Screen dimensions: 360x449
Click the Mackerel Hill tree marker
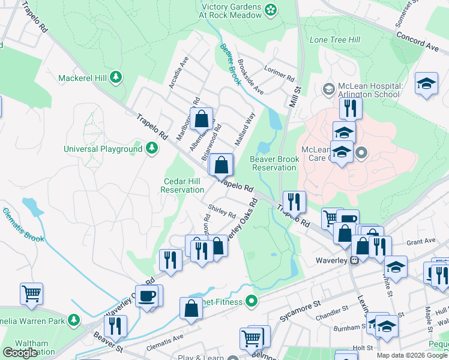click(116, 77)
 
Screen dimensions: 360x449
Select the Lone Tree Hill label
click(334, 40)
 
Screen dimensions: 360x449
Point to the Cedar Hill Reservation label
click(182, 185)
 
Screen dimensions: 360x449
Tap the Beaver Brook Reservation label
click(273, 163)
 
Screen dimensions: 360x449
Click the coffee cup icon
click(147, 296)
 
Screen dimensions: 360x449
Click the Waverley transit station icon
click(355, 260)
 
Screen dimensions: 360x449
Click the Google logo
click(20, 353)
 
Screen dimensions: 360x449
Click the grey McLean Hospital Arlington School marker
click(328, 89)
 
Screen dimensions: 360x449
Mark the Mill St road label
click(294, 96)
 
